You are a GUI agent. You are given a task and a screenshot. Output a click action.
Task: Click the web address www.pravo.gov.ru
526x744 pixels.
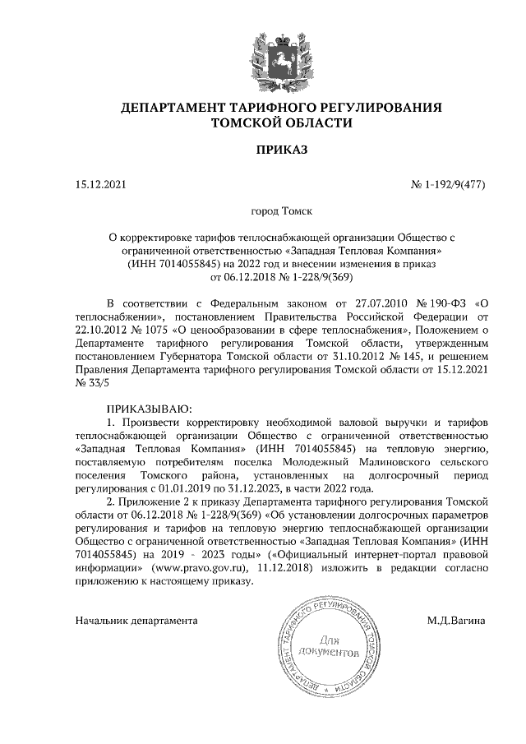(x=210, y=567)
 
